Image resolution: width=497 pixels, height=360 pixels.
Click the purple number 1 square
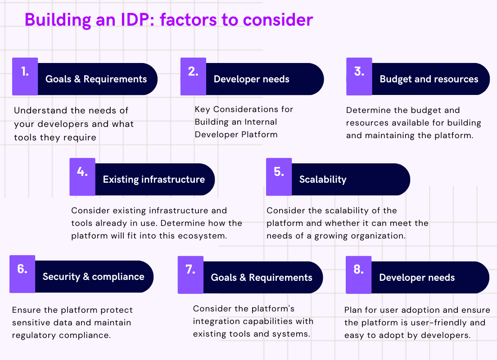click(x=25, y=76)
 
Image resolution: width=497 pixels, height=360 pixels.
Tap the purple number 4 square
click(x=82, y=177)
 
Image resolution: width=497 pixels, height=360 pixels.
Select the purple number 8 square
click(x=358, y=275)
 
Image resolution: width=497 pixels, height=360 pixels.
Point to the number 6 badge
click(x=22, y=274)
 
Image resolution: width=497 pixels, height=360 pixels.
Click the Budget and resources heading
click(x=429, y=79)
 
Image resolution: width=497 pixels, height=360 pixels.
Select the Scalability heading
click(x=323, y=180)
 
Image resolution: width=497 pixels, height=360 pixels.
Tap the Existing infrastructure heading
click(x=154, y=180)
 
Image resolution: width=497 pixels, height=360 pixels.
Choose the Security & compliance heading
click(x=93, y=277)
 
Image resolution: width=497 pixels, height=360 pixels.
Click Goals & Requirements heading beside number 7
click(x=262, y=278)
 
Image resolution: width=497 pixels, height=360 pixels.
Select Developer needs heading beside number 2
click(x=251, y=79)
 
